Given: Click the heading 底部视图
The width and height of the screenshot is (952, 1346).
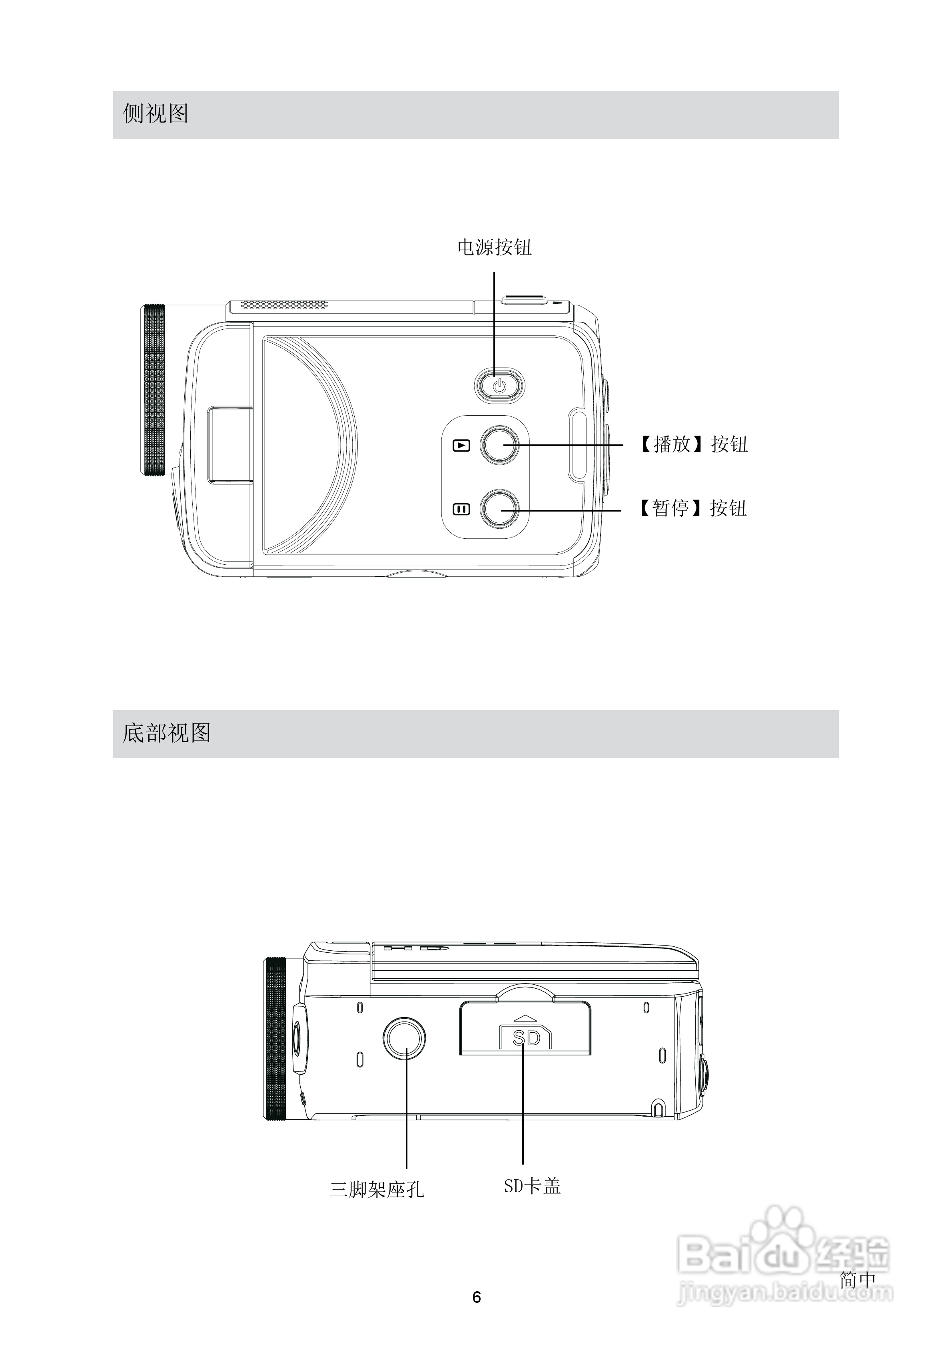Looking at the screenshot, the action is click(167, 733).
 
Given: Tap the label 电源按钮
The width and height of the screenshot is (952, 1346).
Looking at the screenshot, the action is click(495, 247).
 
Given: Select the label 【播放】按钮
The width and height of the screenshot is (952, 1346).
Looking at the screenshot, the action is click(693, 444).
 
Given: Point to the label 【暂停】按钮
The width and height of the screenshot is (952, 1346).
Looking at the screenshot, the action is click(692, 508).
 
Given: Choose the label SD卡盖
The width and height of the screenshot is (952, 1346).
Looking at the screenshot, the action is click(532, 1186).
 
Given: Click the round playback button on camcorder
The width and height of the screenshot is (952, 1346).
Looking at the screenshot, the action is click(499, 445).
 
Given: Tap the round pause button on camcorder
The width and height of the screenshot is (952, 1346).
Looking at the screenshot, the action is click(499, 508).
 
